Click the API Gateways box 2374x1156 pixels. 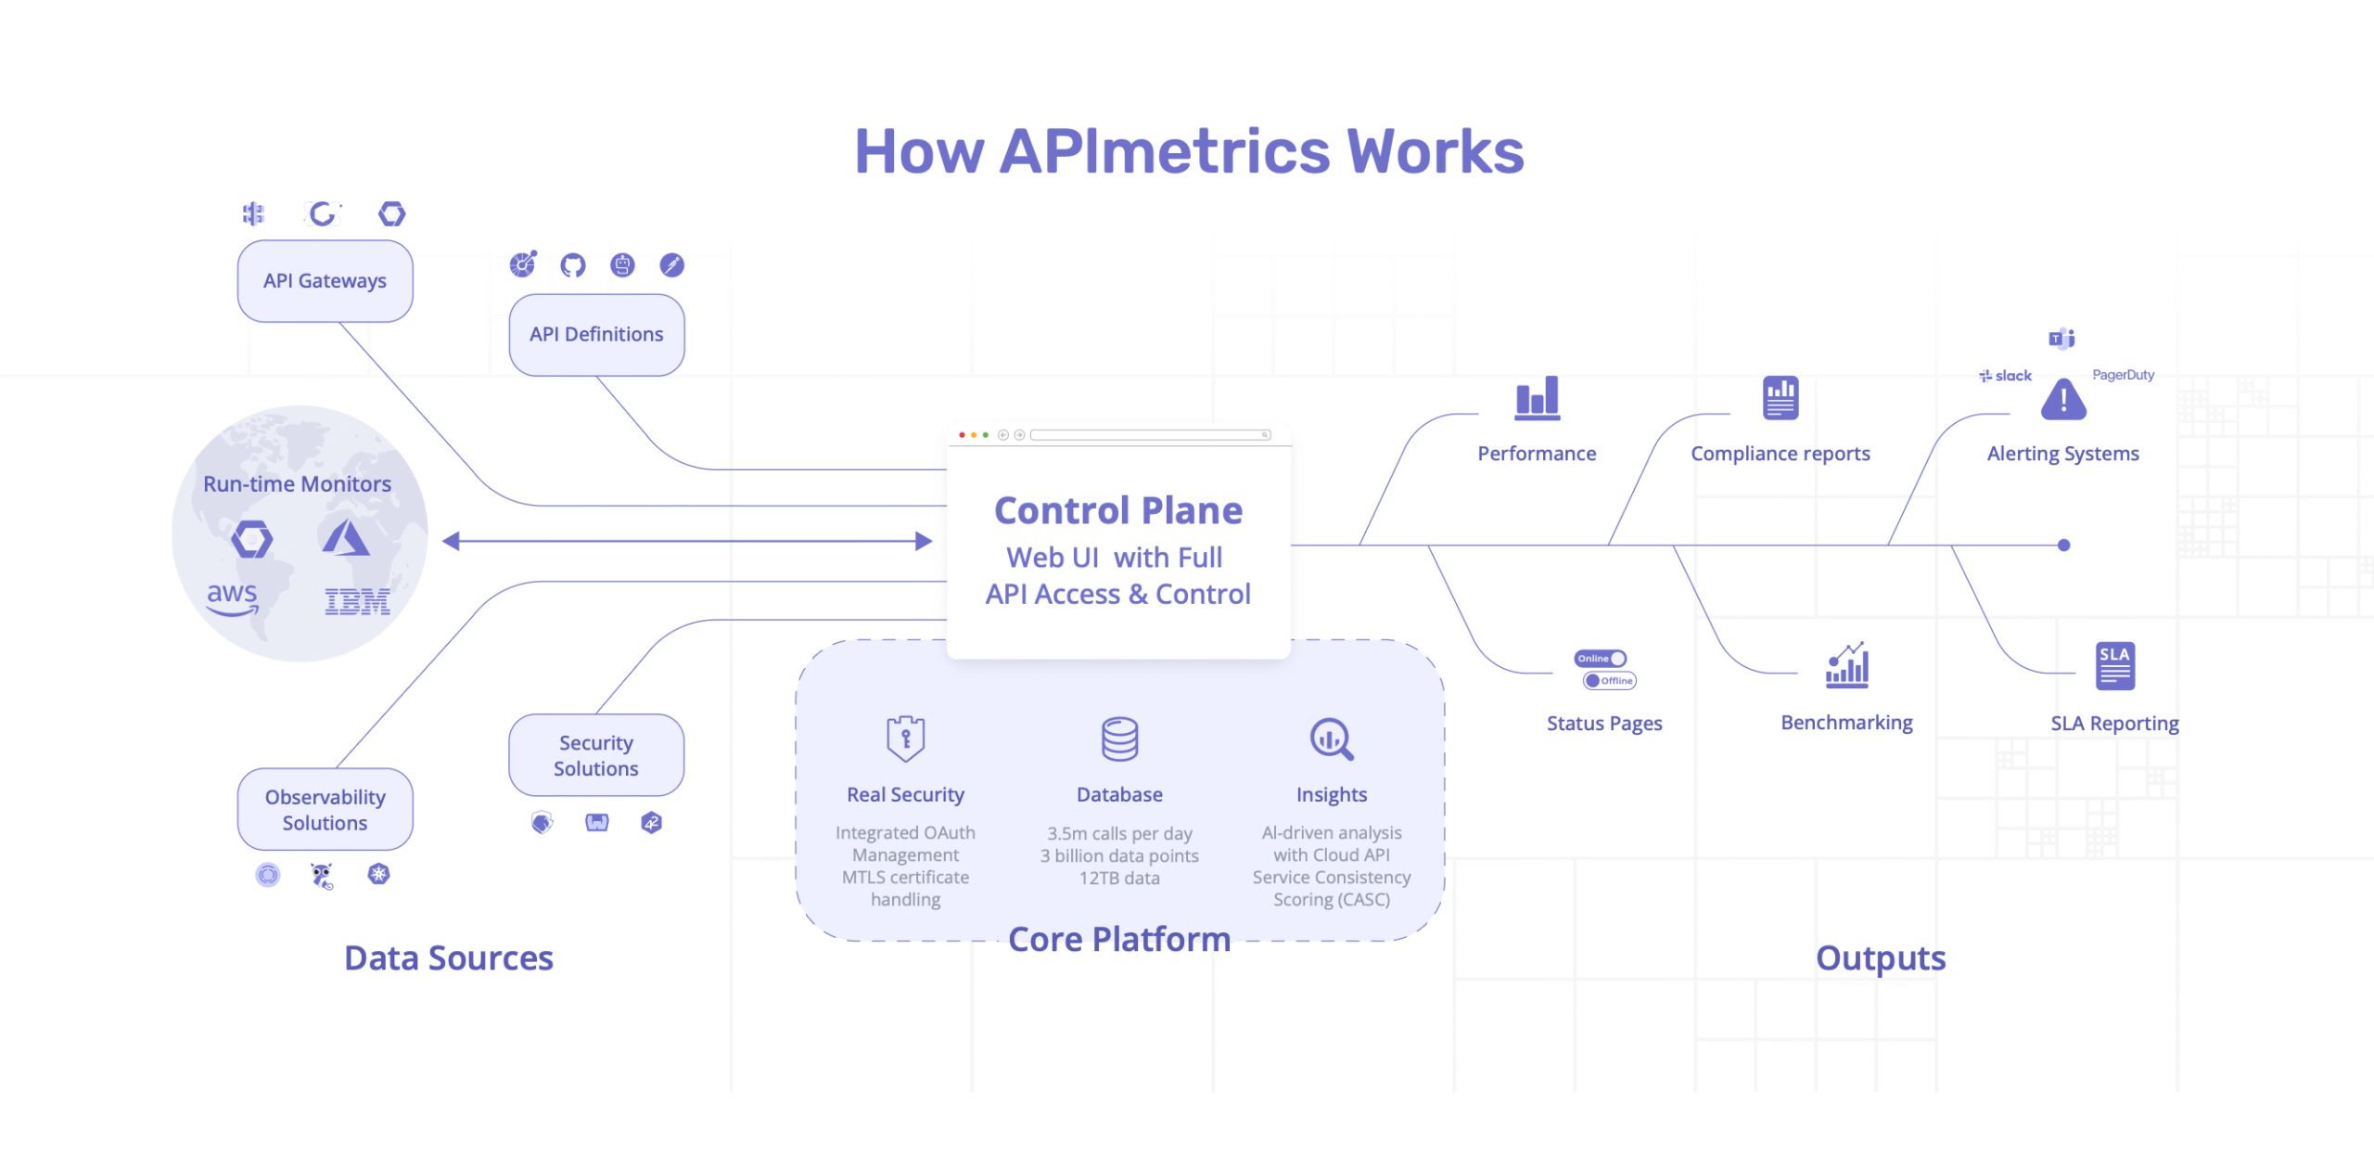coord(325,281)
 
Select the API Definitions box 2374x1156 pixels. coord(596,335)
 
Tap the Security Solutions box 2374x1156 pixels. coord(596,755)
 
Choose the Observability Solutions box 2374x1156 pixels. coord(325,809)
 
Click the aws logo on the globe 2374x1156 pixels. coord(232,597)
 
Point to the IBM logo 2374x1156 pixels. coord(357,601)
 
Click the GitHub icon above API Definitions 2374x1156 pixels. coord(573,265)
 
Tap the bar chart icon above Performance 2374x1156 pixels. coord(1537,398)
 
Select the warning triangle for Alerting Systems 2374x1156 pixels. coord(2062,400)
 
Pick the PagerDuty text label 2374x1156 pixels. coord(2123,375)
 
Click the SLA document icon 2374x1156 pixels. coord(2114,666)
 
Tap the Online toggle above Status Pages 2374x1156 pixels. coord(1600,659)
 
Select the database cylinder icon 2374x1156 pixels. coord(1119,739)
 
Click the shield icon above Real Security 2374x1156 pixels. coord(905,739)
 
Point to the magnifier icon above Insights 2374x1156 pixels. coord(1332,739)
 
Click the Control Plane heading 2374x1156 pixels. coord(1118,510)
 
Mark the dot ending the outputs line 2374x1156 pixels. coord(2063,546)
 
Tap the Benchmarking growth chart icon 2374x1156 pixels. coord(1846,665)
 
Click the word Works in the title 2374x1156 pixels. coord(1435,152)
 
